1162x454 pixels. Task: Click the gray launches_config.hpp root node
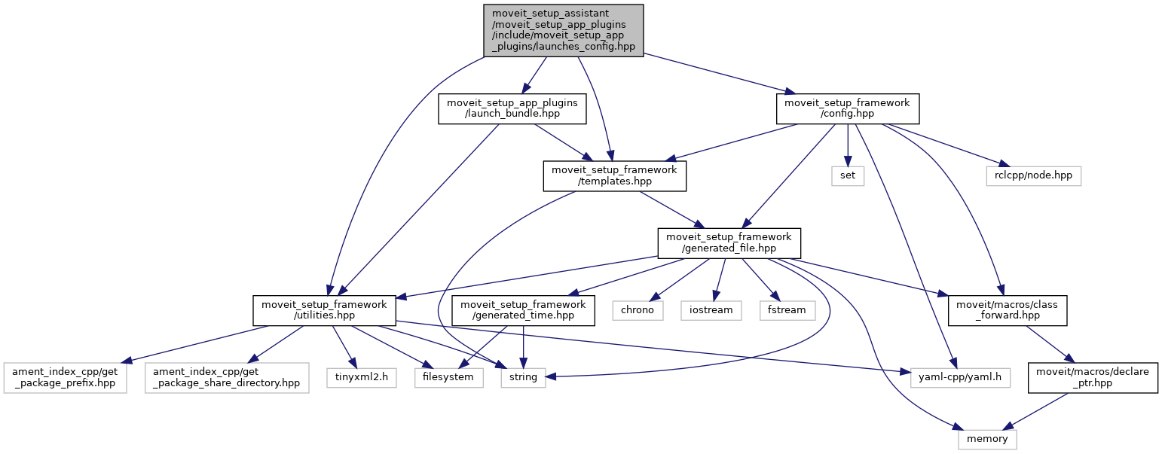(563, 29)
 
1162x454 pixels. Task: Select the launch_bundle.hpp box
(512, 108)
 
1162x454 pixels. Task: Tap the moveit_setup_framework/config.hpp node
(848, 108)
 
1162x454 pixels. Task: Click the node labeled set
(849, 175)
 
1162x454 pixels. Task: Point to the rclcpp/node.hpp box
(1033, 175)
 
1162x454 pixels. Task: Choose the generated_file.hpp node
(729, 243)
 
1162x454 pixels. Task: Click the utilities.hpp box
(324, 310)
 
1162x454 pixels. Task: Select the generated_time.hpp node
(523, 310)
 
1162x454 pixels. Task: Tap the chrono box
(637, 309)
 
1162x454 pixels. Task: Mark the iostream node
(711, 309)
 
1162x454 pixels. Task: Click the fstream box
(787, 309)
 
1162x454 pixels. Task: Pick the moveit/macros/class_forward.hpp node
(1008, 310)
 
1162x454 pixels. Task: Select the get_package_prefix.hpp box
(66, 376)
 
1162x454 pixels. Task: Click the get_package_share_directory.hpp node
(227, 376)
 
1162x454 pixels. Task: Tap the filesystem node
(448, 376)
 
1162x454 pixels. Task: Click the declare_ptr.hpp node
(1093, 376)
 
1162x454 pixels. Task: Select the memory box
(987, 437)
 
